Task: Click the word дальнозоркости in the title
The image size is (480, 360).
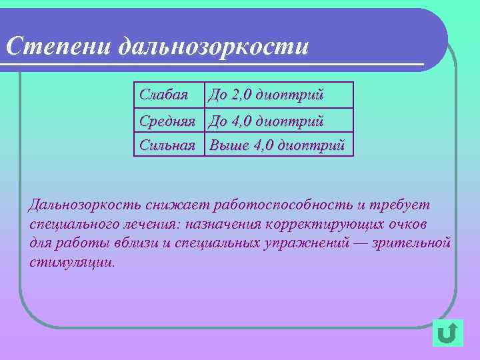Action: click(213, 46)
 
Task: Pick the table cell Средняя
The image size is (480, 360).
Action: click(167, 121)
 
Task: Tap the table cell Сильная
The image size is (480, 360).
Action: click(167, 143)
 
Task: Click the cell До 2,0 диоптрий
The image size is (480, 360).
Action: click(266, 95)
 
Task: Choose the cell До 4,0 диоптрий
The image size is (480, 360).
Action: click(266, 121)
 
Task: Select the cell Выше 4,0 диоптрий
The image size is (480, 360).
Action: click(277, 143)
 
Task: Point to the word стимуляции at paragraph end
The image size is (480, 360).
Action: click(72, 261)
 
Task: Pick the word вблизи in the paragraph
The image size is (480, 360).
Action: click(136, 242)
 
